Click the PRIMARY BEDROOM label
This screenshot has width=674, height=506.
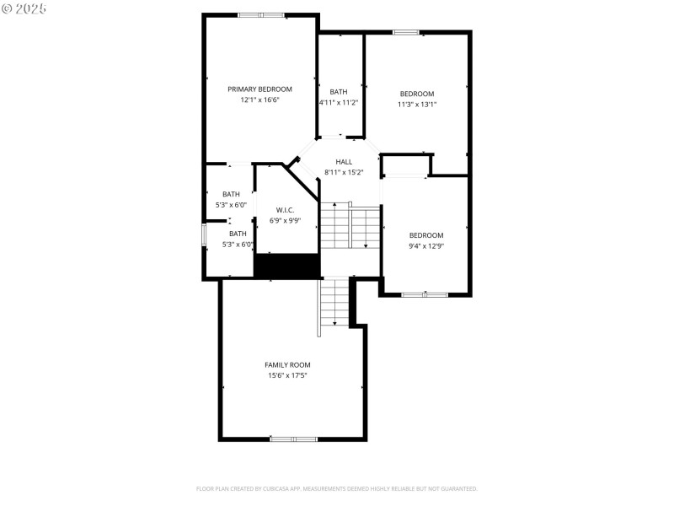pos(259,89)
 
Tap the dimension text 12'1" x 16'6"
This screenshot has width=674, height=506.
pos(259,100)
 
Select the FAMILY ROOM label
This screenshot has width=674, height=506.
pos(287,365)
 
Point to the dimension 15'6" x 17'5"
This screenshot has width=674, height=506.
pos(287,375)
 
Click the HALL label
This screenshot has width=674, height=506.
pos(344,162)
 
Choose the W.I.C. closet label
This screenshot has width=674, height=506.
pos(285,210)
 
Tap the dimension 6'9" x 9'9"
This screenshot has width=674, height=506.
pos(285,220)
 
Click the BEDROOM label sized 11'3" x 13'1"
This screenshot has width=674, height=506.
pos(416,94)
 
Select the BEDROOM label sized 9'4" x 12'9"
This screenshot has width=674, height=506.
pos(425,235)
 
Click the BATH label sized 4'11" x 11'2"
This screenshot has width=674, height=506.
pos(339,92)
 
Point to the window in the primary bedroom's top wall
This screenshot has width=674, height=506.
pos(260,14)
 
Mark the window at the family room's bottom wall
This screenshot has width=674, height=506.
pos(293,439)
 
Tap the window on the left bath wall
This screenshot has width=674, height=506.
pos(203,235)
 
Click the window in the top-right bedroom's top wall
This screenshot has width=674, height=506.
pos(406,33)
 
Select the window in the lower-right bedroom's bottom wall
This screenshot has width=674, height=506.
pos(425,294)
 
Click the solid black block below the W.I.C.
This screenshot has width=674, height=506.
pos(286,265)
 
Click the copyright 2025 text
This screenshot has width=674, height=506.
pos(24,8)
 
